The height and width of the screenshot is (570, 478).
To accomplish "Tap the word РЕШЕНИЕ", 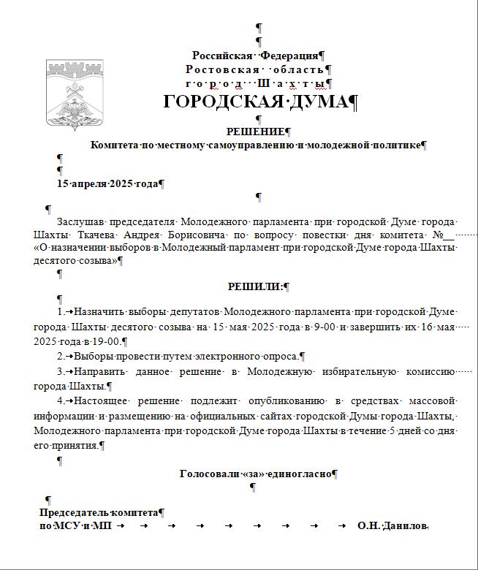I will point(255,132).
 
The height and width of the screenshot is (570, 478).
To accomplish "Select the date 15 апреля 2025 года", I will point(107,183).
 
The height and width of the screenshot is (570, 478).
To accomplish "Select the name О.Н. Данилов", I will point(390,525).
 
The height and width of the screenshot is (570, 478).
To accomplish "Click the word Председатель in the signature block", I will point(73,513).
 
